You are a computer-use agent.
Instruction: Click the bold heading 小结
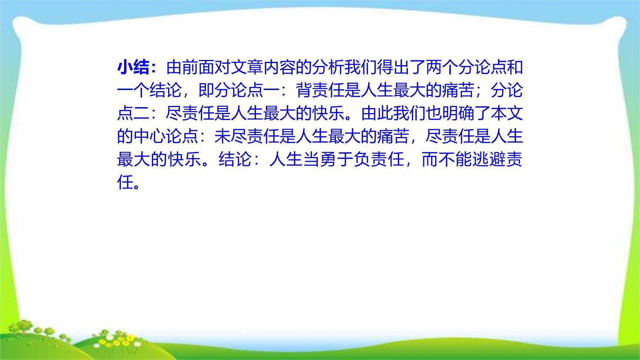134,67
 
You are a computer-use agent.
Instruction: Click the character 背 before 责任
304,90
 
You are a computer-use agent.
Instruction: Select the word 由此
377,113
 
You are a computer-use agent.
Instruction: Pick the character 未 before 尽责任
223,136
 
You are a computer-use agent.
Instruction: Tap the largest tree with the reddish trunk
24,328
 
